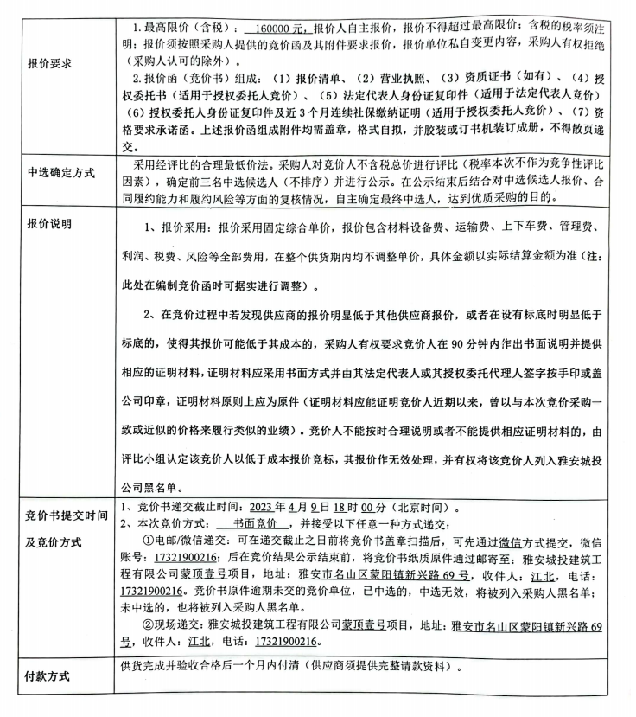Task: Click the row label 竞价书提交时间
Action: point(67,518)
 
